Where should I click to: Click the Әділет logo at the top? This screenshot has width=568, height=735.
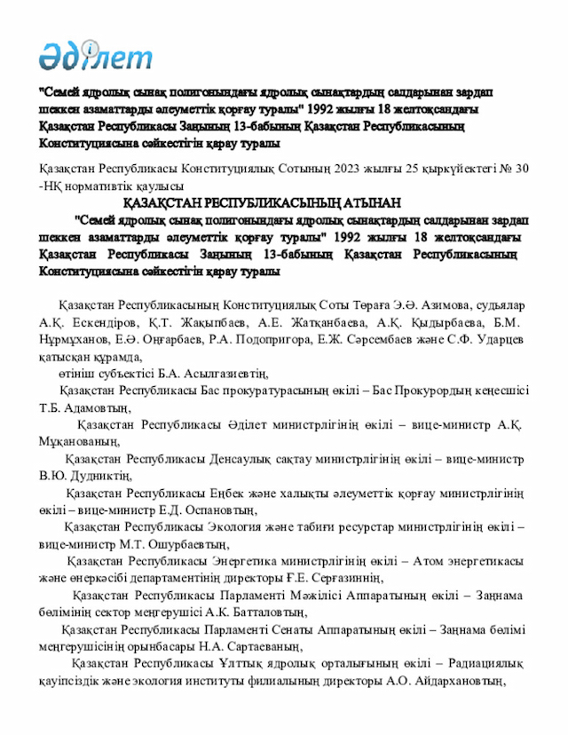[95, 56]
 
